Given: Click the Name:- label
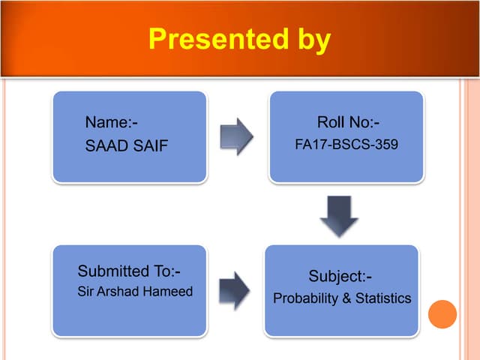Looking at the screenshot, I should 111,122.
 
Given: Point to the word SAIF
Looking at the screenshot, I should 150,145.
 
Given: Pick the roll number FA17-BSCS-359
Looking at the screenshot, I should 346,144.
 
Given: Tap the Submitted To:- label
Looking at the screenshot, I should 129,271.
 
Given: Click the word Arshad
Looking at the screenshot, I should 122,291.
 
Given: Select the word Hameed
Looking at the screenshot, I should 169,291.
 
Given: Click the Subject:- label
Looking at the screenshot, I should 340,276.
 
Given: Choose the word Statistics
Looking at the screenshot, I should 383,298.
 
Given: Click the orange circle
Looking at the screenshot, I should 442,314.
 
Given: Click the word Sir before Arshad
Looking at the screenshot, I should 86,291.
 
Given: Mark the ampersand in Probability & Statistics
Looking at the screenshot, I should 346,298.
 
